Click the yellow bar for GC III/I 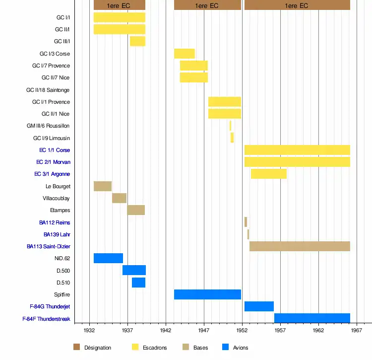tap(137, 41)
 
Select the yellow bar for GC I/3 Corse tap(184, 54)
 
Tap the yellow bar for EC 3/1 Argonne tap(268, 174)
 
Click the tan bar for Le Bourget tap(103, 186)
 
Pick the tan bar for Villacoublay tap(119, 198)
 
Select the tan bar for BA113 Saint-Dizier tap(300, 246)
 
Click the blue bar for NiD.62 tap(108, 258)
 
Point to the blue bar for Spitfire tap(207, 294)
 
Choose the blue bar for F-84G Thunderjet tap(259, 306)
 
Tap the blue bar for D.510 tap(138, 283)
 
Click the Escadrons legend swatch tap(135, 347)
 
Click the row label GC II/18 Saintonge tap(48, 90)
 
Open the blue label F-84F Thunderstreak tap(46, 319)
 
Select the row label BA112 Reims tap(55, 222)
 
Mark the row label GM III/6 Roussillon tap(48, 126)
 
